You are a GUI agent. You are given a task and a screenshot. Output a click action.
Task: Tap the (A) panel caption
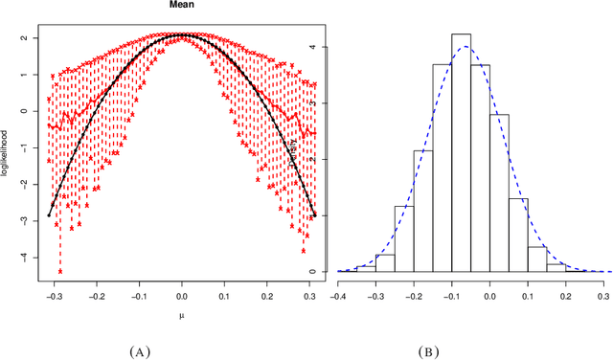coord(141,351)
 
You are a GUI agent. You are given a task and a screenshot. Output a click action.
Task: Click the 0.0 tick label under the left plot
coord(181,297)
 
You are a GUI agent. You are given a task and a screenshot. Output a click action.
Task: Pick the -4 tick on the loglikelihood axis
coord(35,258)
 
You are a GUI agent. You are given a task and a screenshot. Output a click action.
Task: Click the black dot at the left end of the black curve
coord(49,215)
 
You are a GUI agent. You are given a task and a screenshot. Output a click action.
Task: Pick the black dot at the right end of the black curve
coord(313,215)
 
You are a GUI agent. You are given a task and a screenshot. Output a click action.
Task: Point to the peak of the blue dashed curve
coord(465,47)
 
